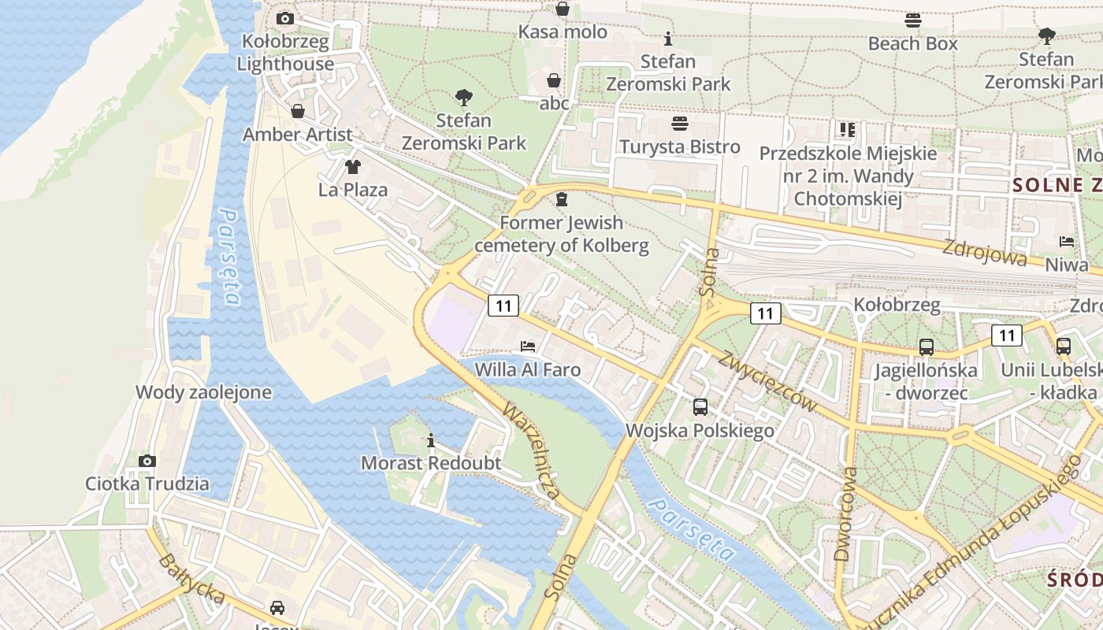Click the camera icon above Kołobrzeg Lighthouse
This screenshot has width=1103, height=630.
tap(285, 18)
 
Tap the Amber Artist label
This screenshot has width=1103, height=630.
tap(297, 135)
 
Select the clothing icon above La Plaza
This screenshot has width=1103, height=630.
tap(352, 166)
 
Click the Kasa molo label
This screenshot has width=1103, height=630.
tap(563, 32)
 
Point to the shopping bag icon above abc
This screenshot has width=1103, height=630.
tap(554, 80)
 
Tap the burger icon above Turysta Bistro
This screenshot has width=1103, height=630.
tap(679, 124)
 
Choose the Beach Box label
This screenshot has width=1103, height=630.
tap(912, 43)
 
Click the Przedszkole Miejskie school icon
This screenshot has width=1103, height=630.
tap(847, 129)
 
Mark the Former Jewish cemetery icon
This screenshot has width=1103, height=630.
tap(561, 199)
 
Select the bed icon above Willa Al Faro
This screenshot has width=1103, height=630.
tap(527, 346)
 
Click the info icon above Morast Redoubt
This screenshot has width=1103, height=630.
tap(430, 440)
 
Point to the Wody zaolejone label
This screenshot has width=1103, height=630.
tap(203, 392)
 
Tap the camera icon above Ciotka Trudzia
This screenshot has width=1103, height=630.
tap(147, 461)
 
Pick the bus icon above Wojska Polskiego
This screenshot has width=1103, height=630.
tap(700, 407)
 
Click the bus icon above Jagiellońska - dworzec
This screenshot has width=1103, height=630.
tap(926, 346)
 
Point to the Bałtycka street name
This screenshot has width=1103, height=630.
tap(191, 578)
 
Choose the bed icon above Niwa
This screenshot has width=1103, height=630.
tap(1067, 242)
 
